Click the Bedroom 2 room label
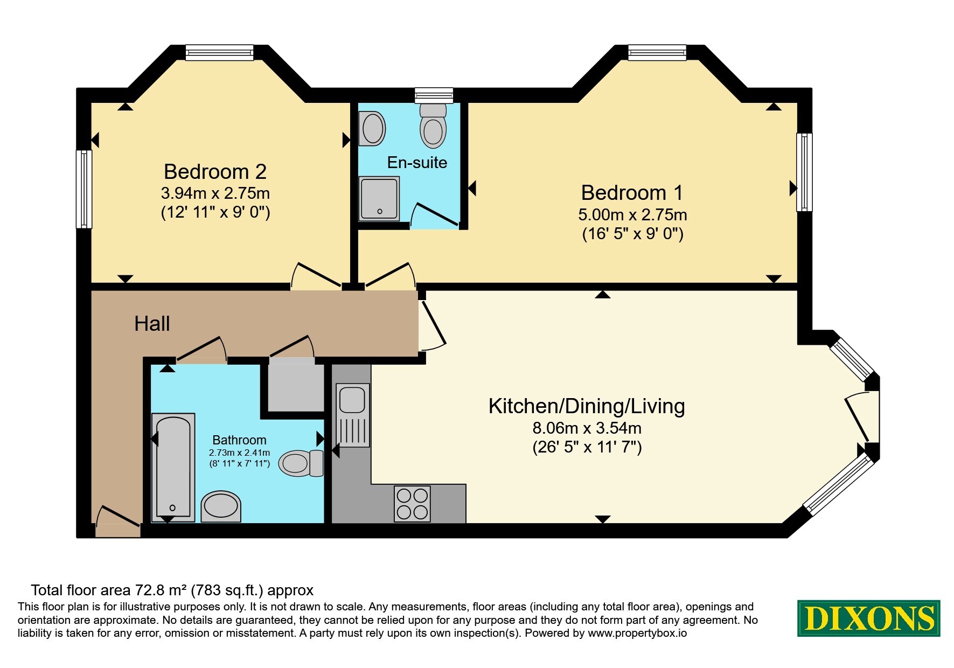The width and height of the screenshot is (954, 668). coord(215,172)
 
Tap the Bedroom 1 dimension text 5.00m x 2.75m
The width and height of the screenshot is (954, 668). coord(632,215)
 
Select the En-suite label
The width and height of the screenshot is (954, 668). coord(417,162)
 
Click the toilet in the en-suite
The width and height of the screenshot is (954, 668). coord(433,126)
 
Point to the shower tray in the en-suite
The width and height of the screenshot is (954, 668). coord(380,199)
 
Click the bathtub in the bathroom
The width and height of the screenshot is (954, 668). coord(173,467)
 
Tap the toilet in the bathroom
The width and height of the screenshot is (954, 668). coord(301,463)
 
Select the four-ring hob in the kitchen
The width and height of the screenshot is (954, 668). coord(412,504)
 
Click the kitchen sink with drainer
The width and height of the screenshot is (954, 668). coord(353,415)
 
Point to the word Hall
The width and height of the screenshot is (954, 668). coord(152,324)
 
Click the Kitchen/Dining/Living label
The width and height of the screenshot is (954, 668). coord(587,406)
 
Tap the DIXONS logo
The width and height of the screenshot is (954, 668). coord(868,618)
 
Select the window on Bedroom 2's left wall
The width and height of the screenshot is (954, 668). coord(84,189)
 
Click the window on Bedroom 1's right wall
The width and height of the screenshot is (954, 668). coord(804,172)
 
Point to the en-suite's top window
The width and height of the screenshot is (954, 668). coord(434,95)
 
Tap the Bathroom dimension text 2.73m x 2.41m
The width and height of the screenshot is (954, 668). coord(239,453)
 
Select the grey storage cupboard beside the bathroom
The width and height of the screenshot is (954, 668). coord(296,387)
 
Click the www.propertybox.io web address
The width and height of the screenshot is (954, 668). coord(637,634)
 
